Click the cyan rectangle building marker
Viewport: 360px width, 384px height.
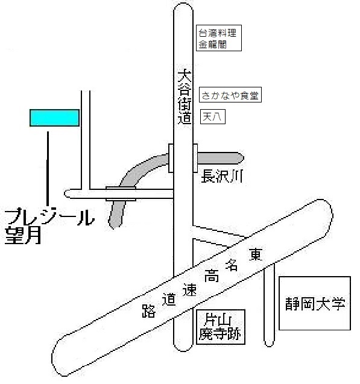tap(54, 118)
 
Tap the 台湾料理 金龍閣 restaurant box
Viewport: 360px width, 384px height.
tap(219, 38)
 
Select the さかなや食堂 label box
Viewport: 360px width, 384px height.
tap(230, 95)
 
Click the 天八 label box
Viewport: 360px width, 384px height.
tap(213, 116)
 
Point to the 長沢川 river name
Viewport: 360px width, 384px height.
tap(222, 177)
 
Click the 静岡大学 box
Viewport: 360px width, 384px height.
tap(315, 303)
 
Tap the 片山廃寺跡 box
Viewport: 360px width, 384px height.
tap(221, 327)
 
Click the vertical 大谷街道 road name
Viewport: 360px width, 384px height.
tap(184, 97)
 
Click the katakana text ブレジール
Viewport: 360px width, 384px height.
tap(49, 216)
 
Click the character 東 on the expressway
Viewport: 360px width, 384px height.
tap(256, 254)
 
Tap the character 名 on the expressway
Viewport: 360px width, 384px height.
tap(232, 265)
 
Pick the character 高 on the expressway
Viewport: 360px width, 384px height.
tap(211, 275)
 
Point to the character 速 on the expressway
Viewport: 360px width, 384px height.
tap(189, 290)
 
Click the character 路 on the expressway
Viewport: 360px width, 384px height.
tap(149, 311)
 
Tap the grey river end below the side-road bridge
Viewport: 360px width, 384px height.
tap(117, 213)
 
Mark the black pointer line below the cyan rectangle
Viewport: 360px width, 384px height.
tap(48, 169)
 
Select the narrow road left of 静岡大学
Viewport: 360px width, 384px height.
tap(269, 306)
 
